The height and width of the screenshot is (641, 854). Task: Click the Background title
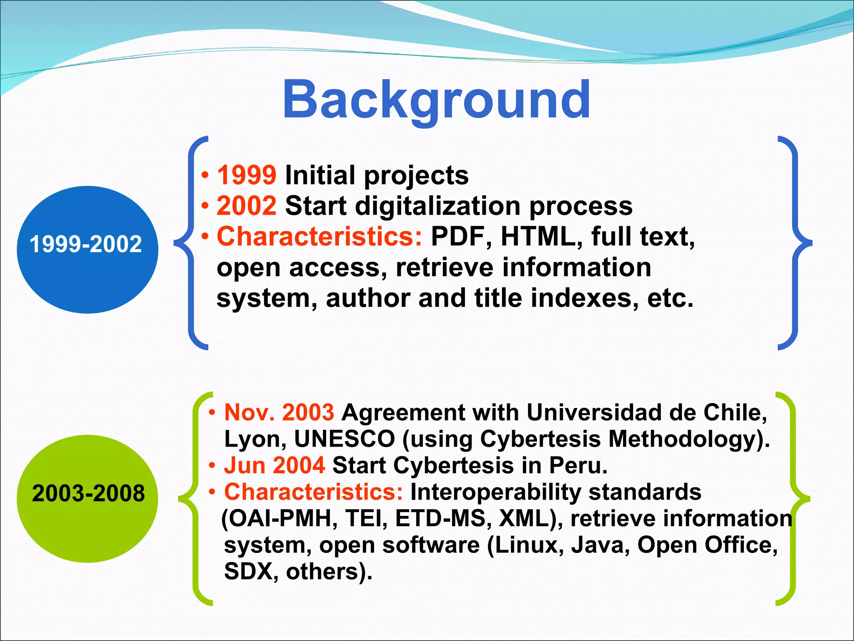[436, 100]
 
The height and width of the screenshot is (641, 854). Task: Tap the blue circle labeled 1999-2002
[87, 250]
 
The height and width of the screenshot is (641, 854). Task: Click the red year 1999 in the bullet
[246, 175]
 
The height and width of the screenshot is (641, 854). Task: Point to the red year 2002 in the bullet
[246, 206]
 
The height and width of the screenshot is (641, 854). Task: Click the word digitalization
[438, 206]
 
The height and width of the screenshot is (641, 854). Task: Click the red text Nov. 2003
[279, 412]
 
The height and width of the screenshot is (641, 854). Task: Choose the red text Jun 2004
[274, 465]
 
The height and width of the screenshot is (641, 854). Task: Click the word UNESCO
[344, 439]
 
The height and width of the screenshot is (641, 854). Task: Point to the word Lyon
[255, 440]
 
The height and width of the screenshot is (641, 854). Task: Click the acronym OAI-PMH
[279, 519]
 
